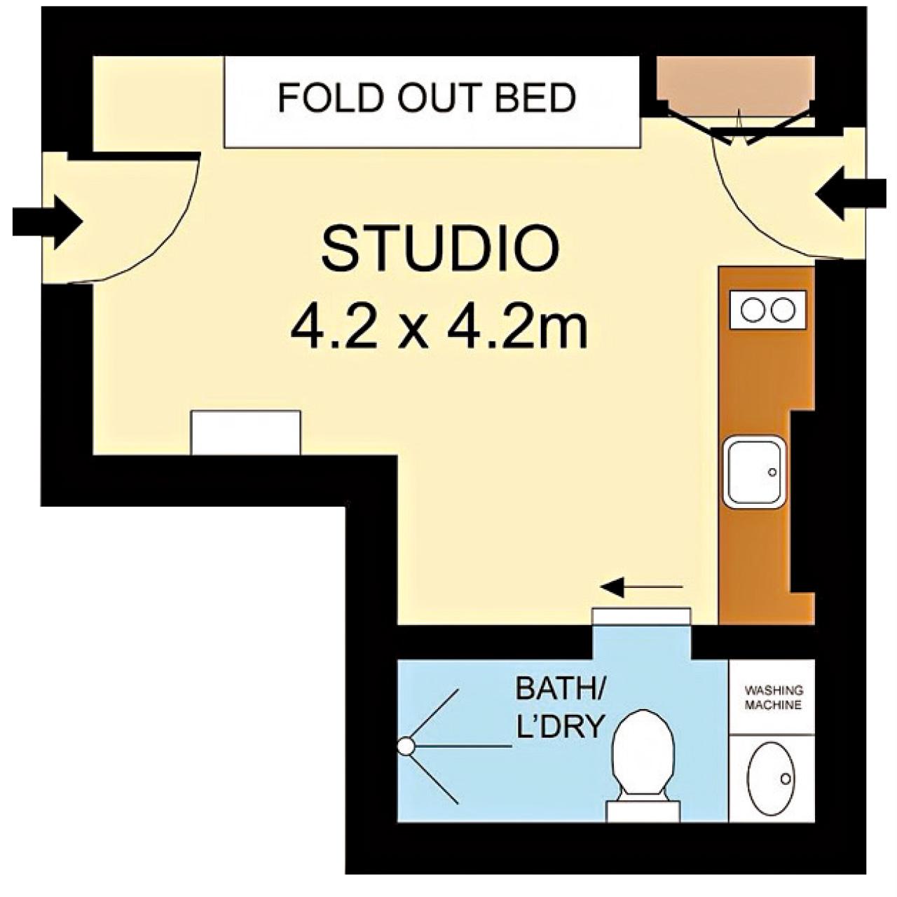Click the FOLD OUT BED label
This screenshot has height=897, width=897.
426,97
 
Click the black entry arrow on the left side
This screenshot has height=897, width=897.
48,222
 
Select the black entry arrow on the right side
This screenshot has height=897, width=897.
851,193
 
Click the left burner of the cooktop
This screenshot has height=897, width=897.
753,310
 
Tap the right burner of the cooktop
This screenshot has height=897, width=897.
783,310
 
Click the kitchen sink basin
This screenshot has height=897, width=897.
754,472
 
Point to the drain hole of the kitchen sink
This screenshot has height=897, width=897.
772,472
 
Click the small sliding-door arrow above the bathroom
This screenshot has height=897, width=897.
642,587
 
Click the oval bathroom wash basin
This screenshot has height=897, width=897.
771,779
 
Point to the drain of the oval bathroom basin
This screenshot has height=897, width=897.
786,779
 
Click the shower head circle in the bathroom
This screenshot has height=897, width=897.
406,746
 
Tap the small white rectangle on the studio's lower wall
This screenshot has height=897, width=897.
246,432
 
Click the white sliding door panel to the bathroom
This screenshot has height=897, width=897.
641,616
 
